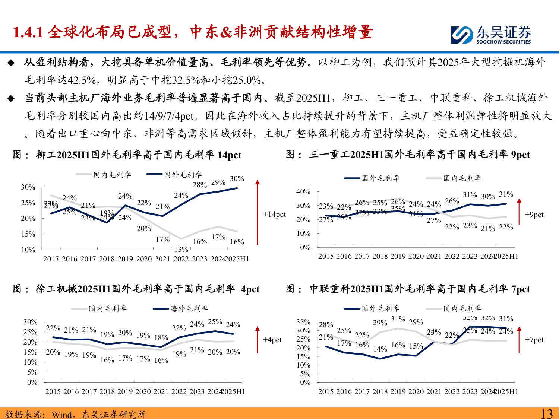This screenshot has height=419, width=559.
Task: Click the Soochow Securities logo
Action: pos(491,35)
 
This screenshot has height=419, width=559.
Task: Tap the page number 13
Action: pos(546,413)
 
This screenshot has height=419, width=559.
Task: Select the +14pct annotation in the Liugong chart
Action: pos(274,214)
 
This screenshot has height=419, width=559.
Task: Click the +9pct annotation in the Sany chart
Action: pos(534,215)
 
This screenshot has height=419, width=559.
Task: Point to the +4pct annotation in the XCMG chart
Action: pos(272,340)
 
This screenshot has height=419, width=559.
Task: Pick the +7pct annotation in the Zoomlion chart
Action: pos(534,340)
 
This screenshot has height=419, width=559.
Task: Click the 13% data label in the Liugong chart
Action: pos(181,250)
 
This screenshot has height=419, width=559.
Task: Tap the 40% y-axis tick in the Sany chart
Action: pos(303,191)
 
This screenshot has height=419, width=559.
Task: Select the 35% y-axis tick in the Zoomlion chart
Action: pos(303,322)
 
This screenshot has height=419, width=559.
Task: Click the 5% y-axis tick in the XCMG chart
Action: pos(32,372)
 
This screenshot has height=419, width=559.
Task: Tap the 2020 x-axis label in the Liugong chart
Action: pos(144,259)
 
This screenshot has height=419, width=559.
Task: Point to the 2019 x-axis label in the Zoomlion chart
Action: pos(398,391)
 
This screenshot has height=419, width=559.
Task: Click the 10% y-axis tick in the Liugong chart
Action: pos(28,250)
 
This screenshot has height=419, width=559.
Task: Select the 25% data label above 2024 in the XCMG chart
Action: pos(215,321)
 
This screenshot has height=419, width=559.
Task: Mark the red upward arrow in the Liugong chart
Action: pos(257,212)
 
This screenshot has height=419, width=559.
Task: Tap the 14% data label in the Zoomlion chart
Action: pos(380,349)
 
